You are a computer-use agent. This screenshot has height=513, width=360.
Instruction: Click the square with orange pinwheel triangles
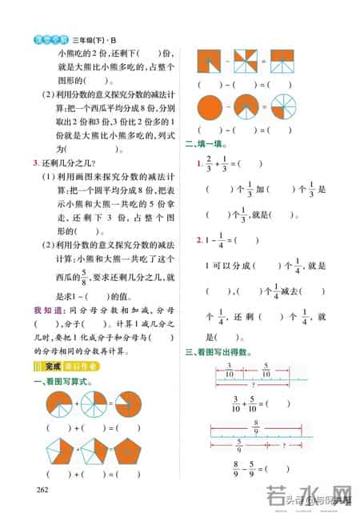coord(245,62)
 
